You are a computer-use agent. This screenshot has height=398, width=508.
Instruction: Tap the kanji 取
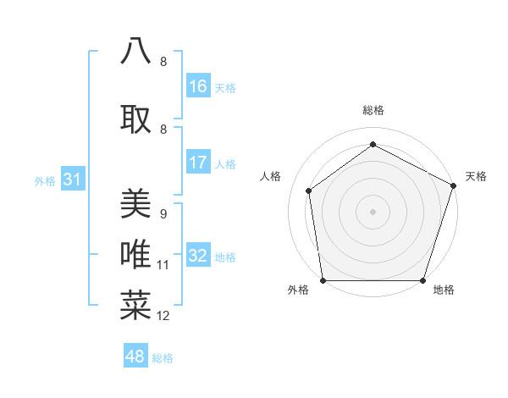pos(135,119)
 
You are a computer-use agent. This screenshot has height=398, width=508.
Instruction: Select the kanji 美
pos(135,204)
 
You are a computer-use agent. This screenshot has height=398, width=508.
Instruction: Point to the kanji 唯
pos(135,255)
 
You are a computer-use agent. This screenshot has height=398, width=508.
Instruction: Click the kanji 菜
pos(135,306)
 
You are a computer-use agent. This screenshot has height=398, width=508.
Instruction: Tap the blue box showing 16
pos(198,86)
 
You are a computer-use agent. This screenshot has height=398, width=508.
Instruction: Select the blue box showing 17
pos(198,163)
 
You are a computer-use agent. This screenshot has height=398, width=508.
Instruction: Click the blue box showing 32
pos(198,256)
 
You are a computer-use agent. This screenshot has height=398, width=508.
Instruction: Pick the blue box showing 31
pos(73,180)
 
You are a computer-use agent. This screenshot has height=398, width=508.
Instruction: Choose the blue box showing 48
pos(135,357)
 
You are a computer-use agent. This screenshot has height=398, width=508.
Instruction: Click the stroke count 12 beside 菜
pos(163,316)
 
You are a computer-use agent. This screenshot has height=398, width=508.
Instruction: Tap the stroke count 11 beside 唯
pos(163,265)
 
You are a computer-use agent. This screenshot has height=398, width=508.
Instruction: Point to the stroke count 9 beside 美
pos(163,214)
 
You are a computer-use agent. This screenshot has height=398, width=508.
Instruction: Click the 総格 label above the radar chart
pos(373,110)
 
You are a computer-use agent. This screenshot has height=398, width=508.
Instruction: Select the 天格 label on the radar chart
pos(476,176)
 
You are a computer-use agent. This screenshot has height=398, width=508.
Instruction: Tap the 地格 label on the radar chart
pos(444,290)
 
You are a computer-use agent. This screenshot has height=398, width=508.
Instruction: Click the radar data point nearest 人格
pos(309,191)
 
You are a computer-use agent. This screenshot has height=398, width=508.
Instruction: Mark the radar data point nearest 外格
pos(323,280)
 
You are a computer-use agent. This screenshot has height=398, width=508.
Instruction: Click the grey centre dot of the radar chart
pos(373,211)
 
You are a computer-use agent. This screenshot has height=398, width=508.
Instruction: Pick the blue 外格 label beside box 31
pos(45,180)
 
